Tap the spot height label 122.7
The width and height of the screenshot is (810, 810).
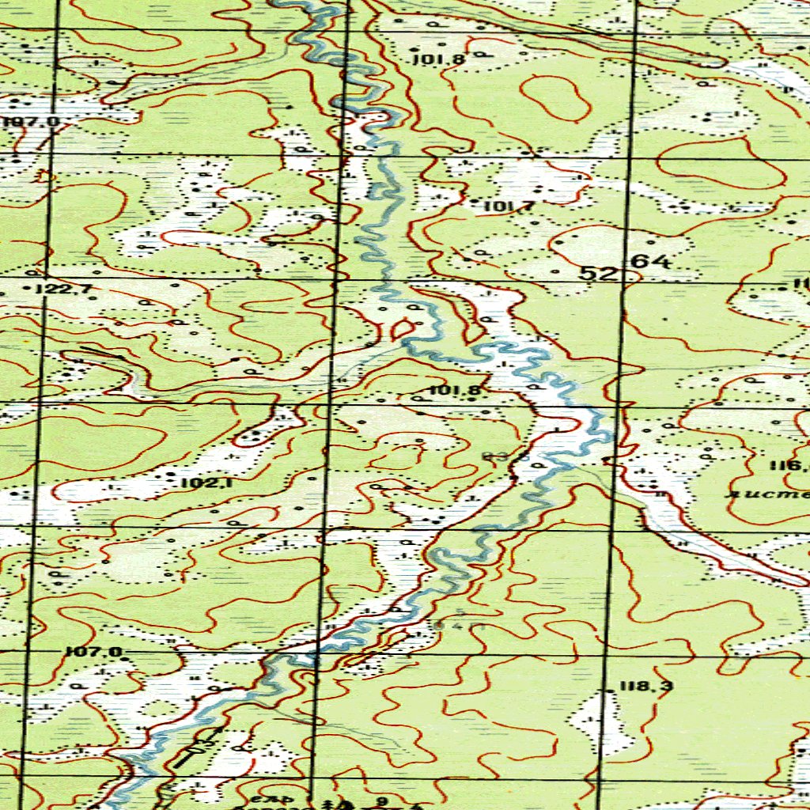[69, 290]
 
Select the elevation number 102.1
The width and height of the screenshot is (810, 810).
[205, 483]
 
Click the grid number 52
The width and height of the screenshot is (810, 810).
[598, 273]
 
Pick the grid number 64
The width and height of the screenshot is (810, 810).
[651, 261]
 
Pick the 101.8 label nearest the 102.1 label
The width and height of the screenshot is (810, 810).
[456, 390]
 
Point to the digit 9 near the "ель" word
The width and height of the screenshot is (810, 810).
[383, 801]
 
